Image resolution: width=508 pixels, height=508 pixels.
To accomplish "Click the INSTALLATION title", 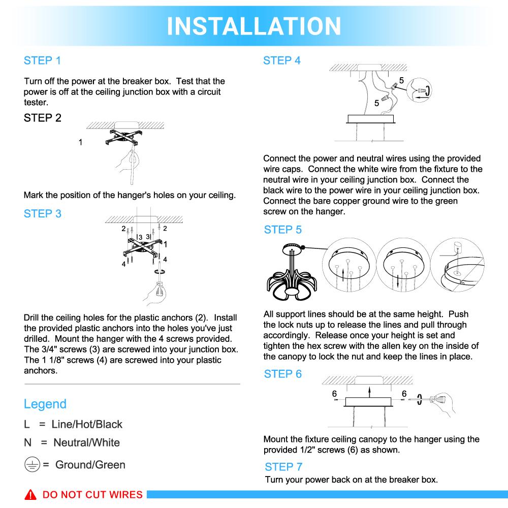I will (x=254, y=26).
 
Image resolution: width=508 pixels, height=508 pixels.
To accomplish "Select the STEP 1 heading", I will (x=42, y=60).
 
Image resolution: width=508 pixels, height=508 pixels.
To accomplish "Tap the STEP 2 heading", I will (x=42, y=118).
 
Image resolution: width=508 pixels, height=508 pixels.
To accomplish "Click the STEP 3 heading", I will (x=42, y=214).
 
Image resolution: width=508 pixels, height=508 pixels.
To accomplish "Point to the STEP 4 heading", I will (x=281, y=60).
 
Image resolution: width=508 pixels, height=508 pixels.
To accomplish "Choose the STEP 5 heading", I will (x=282, y=230).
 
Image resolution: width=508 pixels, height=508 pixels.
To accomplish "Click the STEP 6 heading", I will (x=282, y=374).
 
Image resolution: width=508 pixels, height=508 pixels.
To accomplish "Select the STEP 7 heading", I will (x=283, y=467).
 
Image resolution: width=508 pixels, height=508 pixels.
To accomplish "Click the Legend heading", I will (x=45, y=404).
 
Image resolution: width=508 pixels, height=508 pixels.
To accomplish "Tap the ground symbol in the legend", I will (x=31, y=464).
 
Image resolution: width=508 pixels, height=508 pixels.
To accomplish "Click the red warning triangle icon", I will (x=30, y=495).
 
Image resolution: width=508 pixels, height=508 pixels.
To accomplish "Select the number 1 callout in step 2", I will (x=80, y=143).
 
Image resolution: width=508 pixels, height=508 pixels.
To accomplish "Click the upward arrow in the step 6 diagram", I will (x=369, y=390).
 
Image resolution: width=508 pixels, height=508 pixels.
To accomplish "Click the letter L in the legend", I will (x=27, y=424).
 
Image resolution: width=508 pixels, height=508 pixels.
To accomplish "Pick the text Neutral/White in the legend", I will (x=86, y=442).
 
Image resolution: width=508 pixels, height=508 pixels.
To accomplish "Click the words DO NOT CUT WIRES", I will (x=92, y=495).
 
